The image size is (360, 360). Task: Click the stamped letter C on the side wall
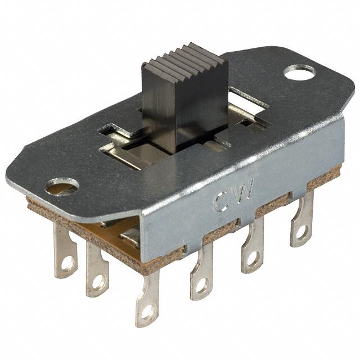(222, 201)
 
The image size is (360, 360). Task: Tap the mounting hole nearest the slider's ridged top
(299, 72)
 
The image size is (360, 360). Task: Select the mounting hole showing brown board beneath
(62, 186)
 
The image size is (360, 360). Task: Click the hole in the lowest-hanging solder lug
(147, 313)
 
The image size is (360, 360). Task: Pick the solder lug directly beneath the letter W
(253, 249)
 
